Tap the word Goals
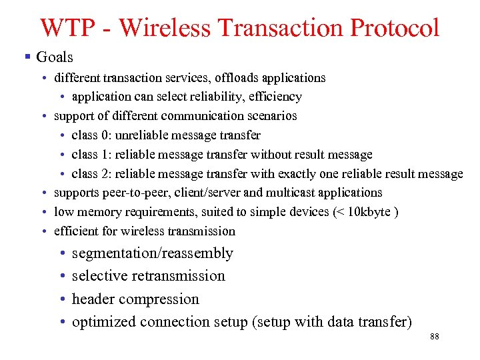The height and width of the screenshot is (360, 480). click(55, 57)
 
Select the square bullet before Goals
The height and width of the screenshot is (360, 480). click(27, 57)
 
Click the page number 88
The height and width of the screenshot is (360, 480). click(435, 337)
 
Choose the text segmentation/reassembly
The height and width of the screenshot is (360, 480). click(152, 253)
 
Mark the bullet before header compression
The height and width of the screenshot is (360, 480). click(61, 299)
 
